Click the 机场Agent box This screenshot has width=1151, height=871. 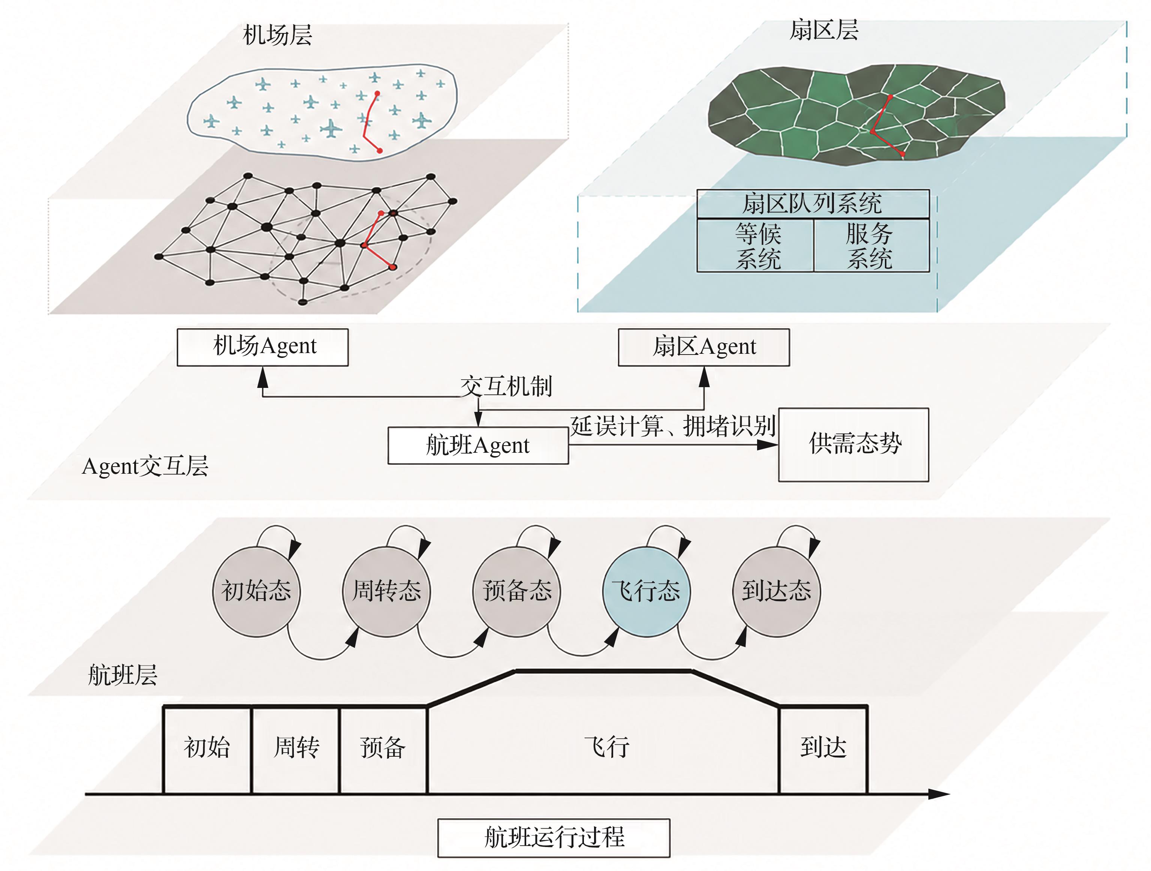point(263,347)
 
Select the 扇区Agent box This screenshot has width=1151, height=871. point(703,347)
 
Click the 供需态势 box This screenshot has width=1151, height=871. point(854,445)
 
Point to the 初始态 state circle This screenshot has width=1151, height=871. point(256,591)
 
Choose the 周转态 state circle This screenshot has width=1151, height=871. point(387,591)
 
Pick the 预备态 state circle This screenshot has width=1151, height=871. point(517,591)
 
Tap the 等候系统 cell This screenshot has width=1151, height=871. point(756,245)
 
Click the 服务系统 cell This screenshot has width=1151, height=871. point(871,245)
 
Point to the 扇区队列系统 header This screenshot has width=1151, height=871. point(813,204)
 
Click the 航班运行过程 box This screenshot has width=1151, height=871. point(554,838)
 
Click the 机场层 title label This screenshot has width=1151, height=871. point(277,35)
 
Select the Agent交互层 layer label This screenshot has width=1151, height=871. point(145,466)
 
